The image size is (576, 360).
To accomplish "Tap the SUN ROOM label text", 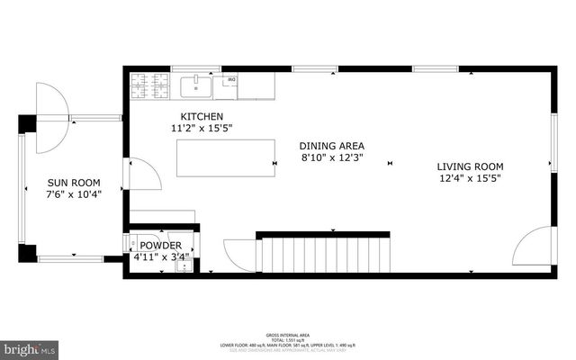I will pyautogui.click(x=74, y=182).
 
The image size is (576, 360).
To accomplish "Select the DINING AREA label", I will pyautogui.click(x=332, y=146).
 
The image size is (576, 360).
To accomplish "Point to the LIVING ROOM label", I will pyautogui.click(x=470, y=166).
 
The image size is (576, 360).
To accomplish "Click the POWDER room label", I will pyautogui.click(x=160, y=246).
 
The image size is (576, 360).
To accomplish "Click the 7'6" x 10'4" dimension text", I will pyautogui.click(x=74, y=193).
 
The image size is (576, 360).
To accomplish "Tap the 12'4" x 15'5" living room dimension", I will pyautogui.click(x=470, y=178).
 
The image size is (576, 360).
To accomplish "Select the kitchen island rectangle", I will pyautogui.click(x=226, y=158).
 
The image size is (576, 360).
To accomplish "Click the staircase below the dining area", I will pyautogui.click(x=326, y=254).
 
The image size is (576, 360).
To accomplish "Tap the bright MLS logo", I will pyautogui.click(x=29, y=346).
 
